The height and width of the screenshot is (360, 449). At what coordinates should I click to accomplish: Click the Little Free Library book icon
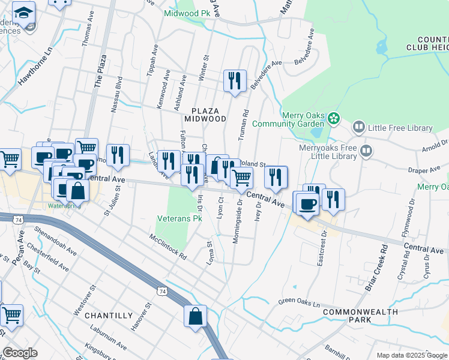coord(358,127)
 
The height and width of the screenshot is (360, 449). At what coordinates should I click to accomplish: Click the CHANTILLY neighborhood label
coord(109,315)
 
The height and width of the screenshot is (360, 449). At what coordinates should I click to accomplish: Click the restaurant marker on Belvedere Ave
coord(234,80)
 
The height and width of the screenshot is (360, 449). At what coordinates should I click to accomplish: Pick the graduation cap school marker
coord(24,13)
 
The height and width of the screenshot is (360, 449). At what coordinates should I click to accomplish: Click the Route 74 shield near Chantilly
coord(161,291)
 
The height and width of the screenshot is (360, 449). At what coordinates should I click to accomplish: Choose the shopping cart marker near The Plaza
coord(86,148)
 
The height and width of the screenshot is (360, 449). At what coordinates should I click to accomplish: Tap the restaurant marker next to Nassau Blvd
coord(118,155)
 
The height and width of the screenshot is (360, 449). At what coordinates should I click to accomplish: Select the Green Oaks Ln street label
coord(296,301)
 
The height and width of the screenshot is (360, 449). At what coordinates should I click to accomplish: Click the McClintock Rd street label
coord(169,247)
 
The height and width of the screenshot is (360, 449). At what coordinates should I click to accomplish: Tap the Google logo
coord(20,353)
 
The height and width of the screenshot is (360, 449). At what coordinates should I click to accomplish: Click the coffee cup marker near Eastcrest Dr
coord(306,202)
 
